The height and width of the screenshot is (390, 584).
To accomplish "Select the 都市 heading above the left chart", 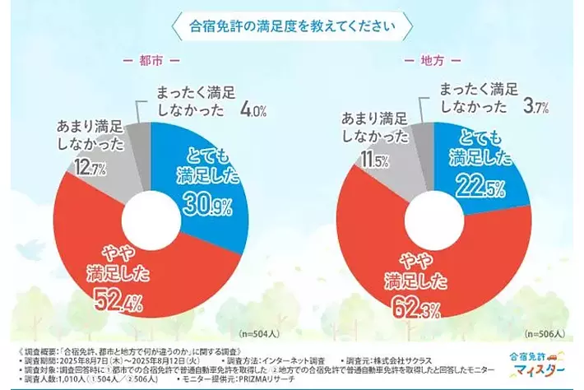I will (150, 62).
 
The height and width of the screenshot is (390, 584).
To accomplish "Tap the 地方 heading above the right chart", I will (431, 62).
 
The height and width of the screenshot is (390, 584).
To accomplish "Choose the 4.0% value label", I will (253, 108).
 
